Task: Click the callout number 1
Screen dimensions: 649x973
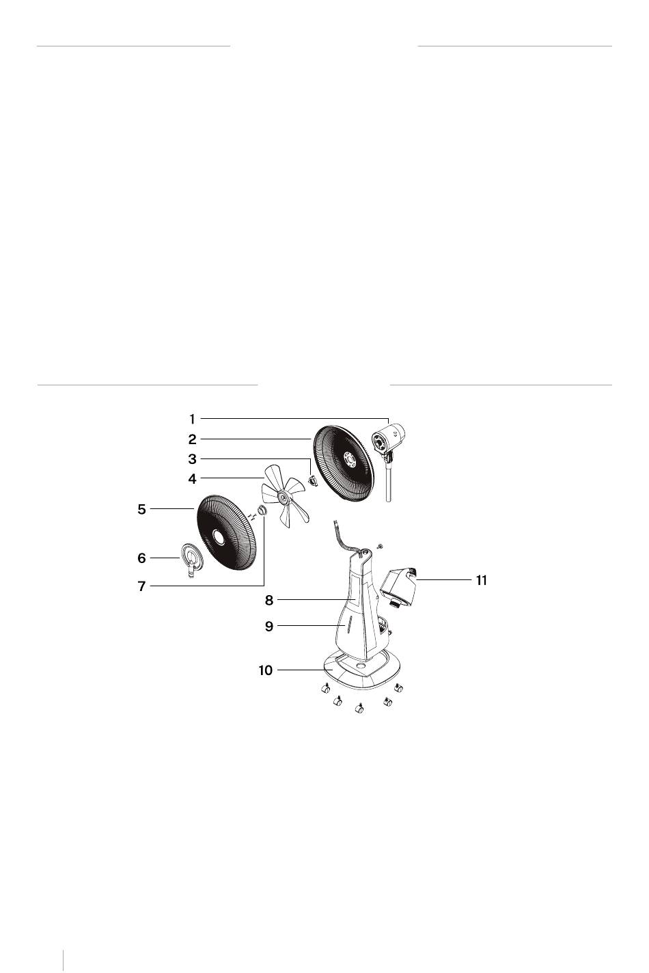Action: click(192, 419)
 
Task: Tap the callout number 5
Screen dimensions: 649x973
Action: click(141, 509)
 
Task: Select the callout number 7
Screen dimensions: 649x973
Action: click(141, 586)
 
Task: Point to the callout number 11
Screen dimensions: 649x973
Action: click(482, 580)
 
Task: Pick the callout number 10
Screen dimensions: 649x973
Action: click(266, 670)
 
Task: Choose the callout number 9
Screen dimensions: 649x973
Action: click(269, 627)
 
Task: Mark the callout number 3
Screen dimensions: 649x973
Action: click(192, 459)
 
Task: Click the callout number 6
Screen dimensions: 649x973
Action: click(141, 558)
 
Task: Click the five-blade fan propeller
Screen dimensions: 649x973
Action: click(284, 496)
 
